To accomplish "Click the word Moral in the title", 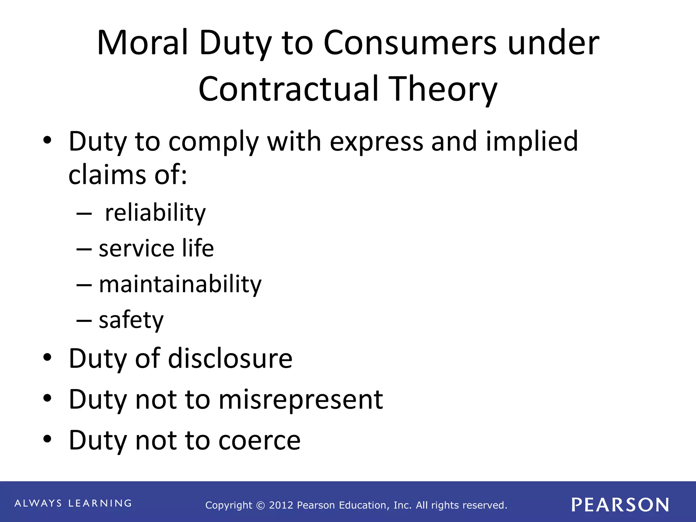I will point(142,43).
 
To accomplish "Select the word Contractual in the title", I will point(289,89).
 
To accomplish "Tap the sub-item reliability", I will point(155,213).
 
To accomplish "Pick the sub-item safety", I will point(131,320).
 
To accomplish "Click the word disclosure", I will point(230,359).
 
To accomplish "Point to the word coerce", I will point(259,440).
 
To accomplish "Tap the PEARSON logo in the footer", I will point(620,505).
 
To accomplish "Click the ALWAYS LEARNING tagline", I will point(73,503).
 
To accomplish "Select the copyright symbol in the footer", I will point(261,506).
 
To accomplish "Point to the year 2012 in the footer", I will point(281,505).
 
